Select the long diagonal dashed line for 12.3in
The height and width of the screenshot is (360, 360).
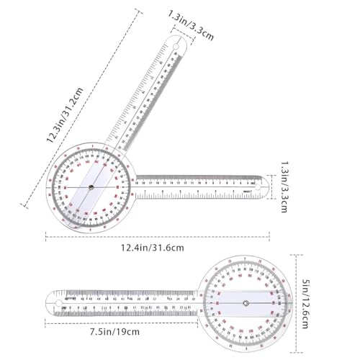[79, 108]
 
